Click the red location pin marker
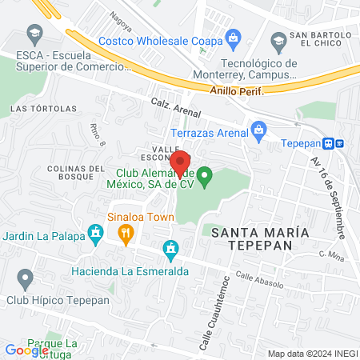pyautogui.click(x=181, y=165)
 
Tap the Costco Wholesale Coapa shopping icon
pyautogui.click(x=233, y=38)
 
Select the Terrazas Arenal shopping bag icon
pyautogui.click(x=258, y=129)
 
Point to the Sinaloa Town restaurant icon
pyautogui.click(x=126, y=234)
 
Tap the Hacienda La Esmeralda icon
pyautogui.click(x=170, y=251)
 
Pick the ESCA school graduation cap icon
pyautogui.click(x=34, y=34)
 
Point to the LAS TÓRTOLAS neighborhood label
pyautogui.click(x=43, y=108)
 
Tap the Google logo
pyautogui.click(x=26, y=350)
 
